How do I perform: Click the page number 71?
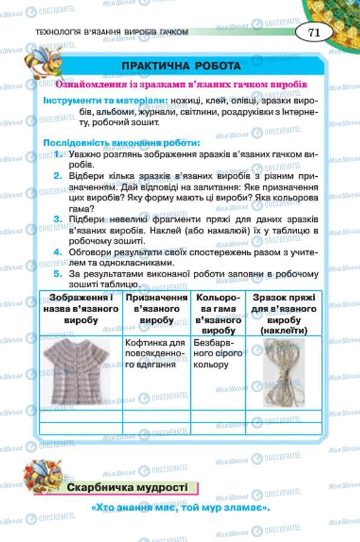(313, 33)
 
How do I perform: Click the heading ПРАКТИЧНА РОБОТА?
(181, 66)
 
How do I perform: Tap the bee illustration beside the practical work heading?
(41, 62)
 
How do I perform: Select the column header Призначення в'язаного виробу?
(156, 308)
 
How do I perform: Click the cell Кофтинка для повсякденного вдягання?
(155, 353)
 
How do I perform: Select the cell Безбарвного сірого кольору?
(215, 353)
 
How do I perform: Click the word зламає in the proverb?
(242, 508)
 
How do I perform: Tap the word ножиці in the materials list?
(185, 100)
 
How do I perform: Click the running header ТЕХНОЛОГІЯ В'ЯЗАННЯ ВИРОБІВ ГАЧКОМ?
(112, 31)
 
